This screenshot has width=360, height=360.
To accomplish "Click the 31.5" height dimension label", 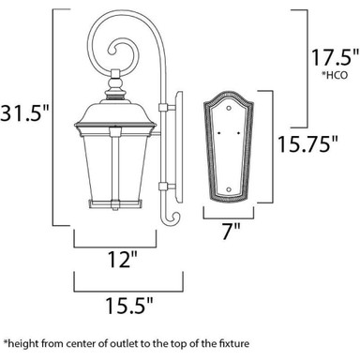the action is (24, 112).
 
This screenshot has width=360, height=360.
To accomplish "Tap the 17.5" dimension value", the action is (334, 57).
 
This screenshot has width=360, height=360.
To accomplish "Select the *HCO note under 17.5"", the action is (335, 75).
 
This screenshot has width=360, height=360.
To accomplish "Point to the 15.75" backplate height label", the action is (307, 143).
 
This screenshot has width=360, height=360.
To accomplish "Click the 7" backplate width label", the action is (231, 232).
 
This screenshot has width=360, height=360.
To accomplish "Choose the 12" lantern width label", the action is (122, 259).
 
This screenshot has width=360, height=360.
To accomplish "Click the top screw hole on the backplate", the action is (229, 108).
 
